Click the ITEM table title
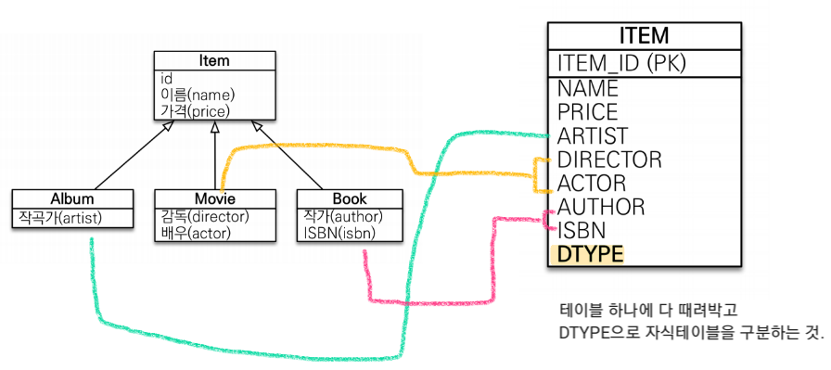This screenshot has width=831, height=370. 644,35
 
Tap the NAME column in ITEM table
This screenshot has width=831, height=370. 588,89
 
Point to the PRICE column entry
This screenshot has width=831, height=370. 588,112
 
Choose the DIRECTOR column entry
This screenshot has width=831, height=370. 609,159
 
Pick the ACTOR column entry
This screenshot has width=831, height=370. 592,183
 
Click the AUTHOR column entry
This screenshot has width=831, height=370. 601,206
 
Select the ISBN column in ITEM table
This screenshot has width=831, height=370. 582,229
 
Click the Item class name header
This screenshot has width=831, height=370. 214,61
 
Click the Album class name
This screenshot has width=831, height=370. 72,198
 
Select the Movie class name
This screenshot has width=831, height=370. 215,198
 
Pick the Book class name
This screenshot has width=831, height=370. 350,198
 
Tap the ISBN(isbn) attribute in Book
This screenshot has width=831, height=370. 339,233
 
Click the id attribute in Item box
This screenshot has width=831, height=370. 167,79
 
